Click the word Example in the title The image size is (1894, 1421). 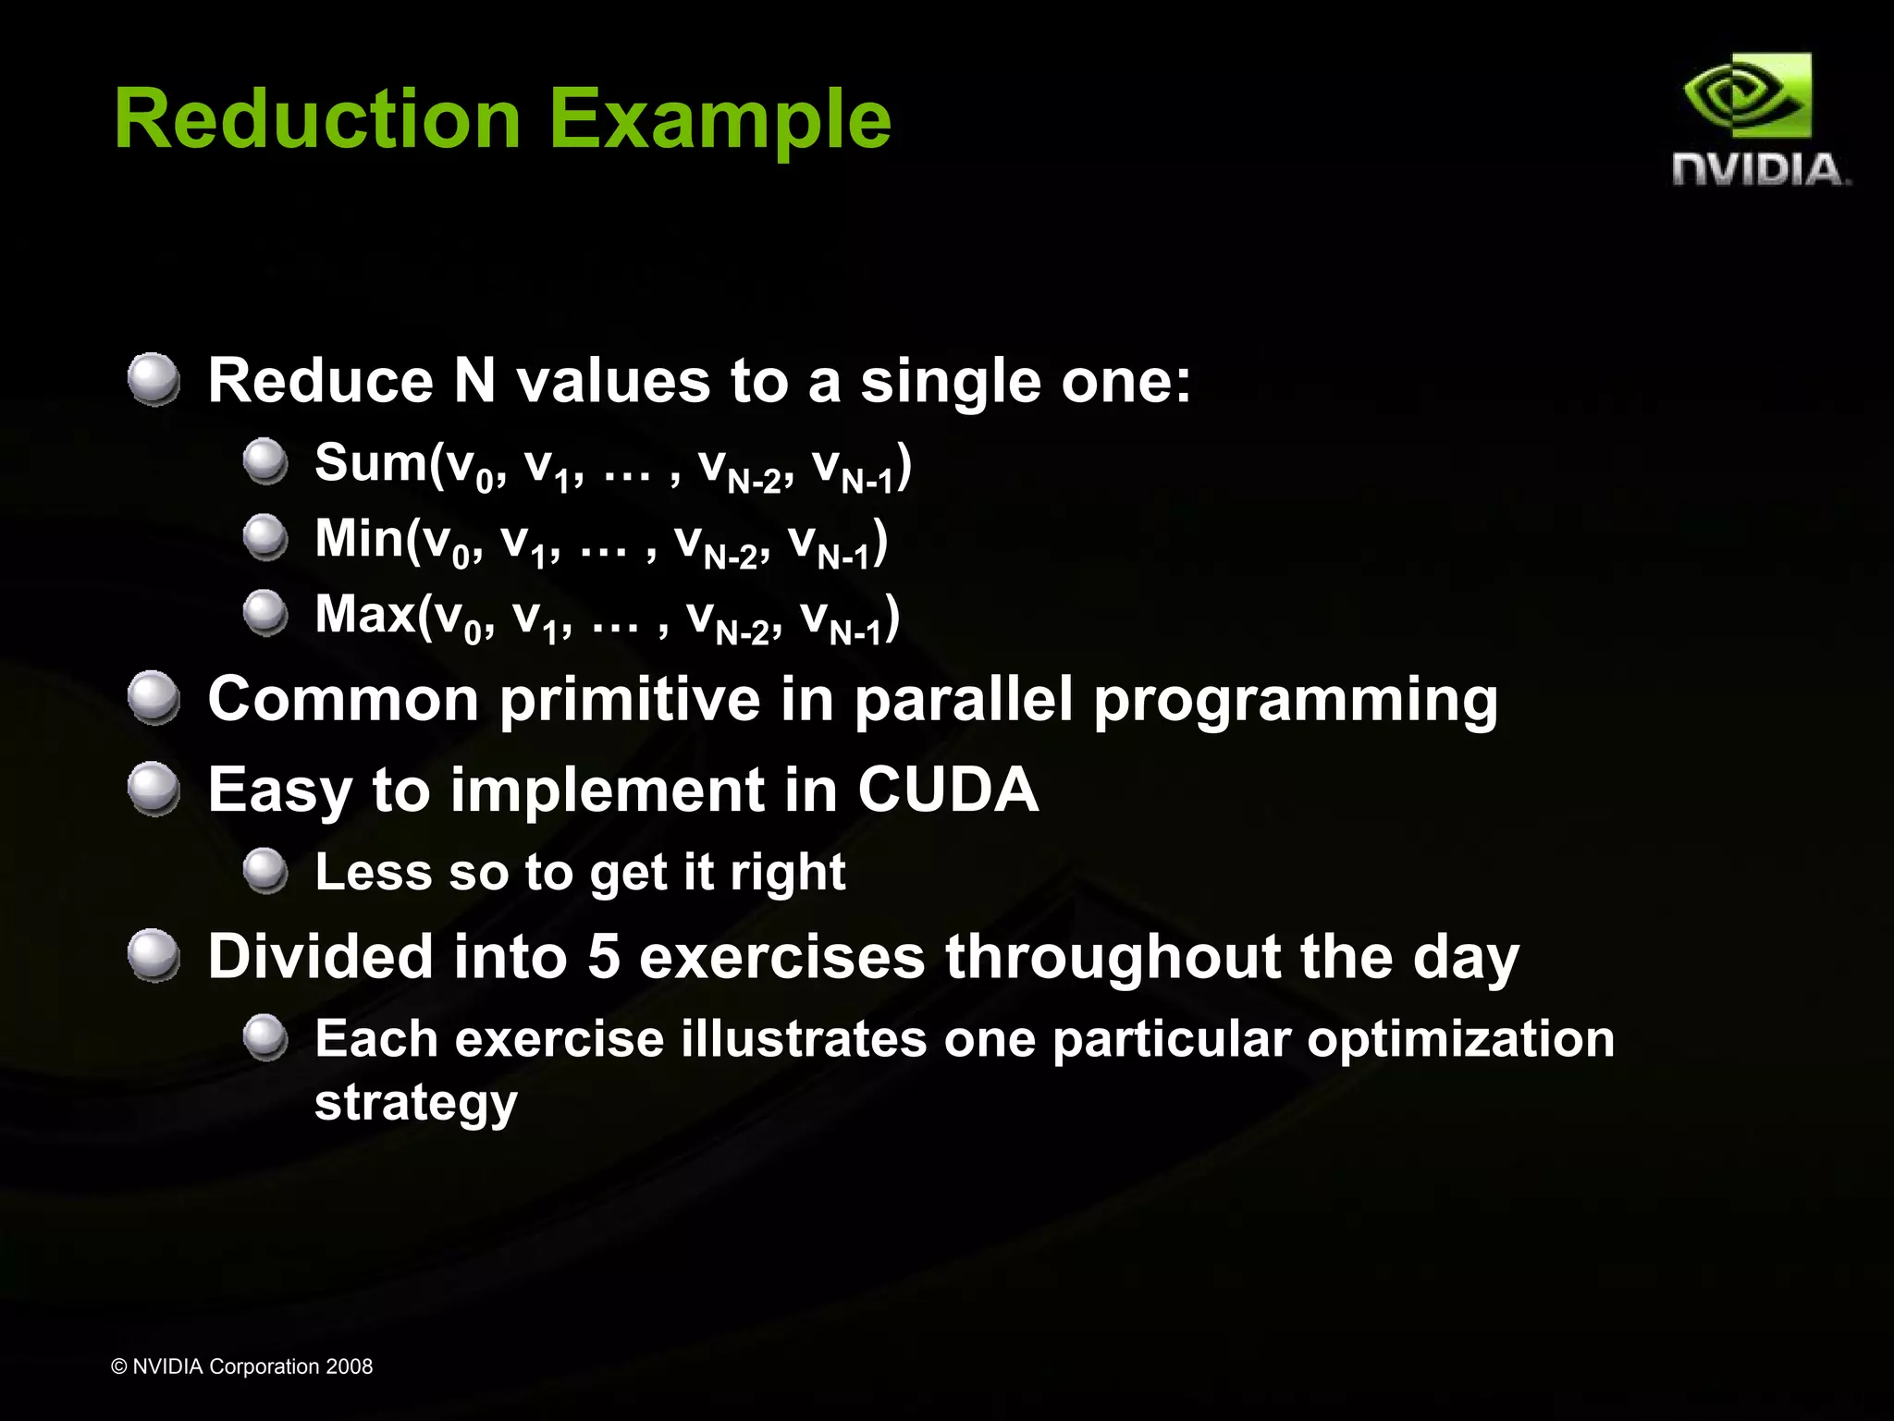(x=719, y=120)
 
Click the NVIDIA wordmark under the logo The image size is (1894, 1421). (x=1760, y=170)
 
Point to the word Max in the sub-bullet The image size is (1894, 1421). (x=364, y=614)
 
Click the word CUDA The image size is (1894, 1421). (x=947, y=790)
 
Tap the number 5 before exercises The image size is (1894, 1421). (x=603, y=956)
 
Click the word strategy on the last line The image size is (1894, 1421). (x=415, y=1102)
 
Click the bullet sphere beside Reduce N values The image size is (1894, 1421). (x=154, y=379)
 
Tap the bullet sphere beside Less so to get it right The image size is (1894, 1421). (x=265, y=871)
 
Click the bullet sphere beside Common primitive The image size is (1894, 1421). (x=154, y=698)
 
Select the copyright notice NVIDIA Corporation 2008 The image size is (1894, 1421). (x=241, y=1366)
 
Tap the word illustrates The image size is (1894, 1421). (x=804, y=1038)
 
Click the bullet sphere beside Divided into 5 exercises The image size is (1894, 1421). (x=154, y=955)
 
